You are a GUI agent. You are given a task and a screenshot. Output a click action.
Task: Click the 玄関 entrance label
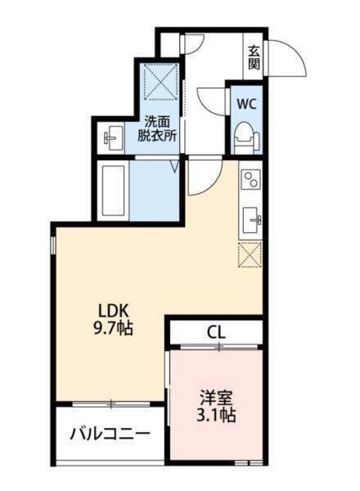pyautogui.click(x=254, y=56)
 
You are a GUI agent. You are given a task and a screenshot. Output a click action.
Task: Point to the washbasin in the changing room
pyautogui.click(x=111, y=137)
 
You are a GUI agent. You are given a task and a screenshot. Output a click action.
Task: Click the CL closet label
pyautogui.click(x=216, y=332)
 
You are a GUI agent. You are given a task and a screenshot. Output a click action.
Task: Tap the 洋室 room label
pyautogui.click(x=217, y=399)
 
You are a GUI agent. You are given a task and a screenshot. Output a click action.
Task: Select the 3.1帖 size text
pyautogui.click(x=217, y=416)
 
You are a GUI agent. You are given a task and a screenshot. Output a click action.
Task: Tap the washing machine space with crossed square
pyautogui.click(x=162, y=81)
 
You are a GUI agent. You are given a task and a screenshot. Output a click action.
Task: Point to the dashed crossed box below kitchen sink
pyautogui.click(x=250, y=255)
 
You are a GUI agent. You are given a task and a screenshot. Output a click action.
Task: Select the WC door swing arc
pyautogui.click(x=209, y=103)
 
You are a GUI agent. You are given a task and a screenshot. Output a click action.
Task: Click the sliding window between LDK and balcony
pyautogui.click(x=111, y=403)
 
